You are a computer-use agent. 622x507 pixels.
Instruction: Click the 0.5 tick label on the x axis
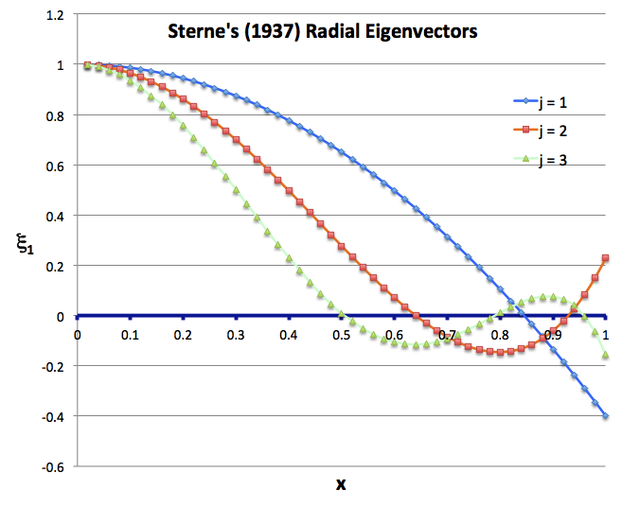click(x=341, y=334)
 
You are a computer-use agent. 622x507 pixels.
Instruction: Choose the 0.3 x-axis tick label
click(x=236, y=334)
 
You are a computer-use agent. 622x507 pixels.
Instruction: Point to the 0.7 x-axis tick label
click(x=447, y=334)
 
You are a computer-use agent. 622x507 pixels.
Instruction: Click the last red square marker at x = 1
click(x=606, y=258)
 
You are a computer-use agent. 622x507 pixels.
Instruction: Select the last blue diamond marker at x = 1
click(x=606, y=416)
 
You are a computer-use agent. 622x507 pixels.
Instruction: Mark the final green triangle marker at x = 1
click(x=606, y=356)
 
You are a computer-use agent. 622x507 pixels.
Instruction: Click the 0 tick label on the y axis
click(x=62, y=316)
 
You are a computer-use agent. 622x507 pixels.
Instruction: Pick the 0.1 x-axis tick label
click(x=130, y=334)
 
